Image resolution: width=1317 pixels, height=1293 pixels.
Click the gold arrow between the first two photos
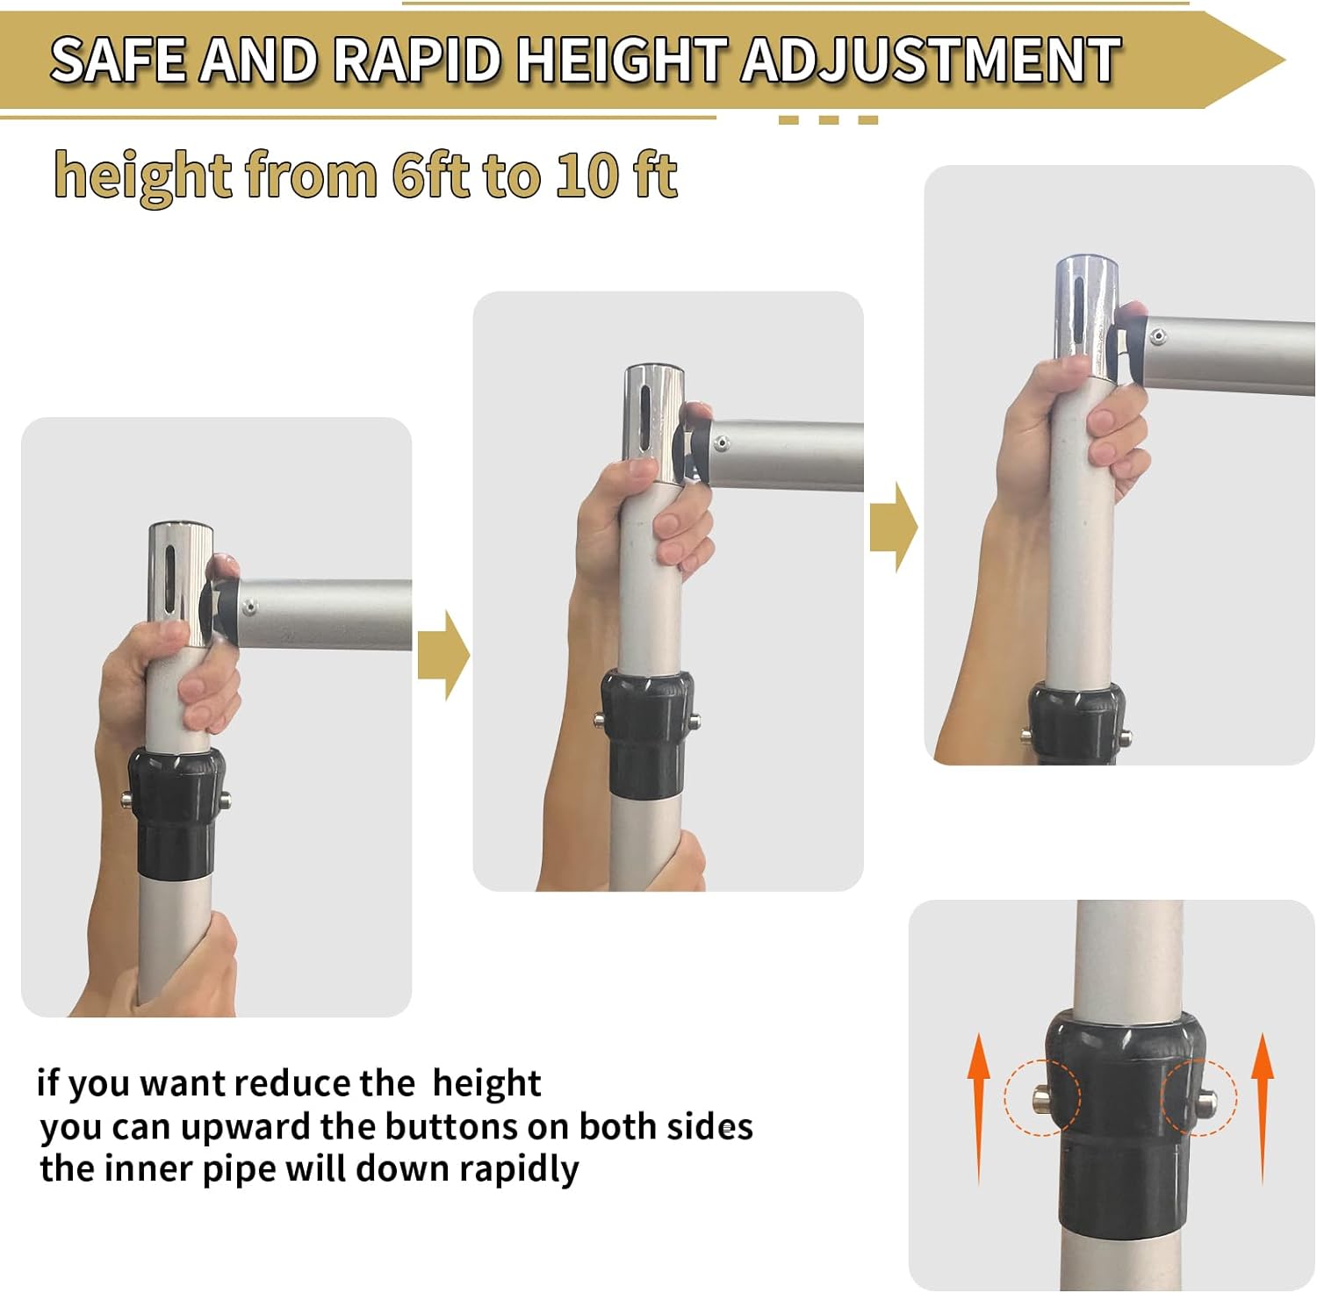pos(443,655)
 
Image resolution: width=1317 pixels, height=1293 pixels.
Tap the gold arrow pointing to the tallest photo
pos(894,527)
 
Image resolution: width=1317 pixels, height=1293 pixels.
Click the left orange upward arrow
pos(979,1109)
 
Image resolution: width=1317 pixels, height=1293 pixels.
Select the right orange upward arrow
pos(1262,1109)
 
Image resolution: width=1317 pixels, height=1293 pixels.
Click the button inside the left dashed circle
pos(1042,1097)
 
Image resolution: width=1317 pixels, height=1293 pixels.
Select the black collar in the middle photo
pos(646,734)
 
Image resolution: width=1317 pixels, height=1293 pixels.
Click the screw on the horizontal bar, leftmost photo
pos(250,606)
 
